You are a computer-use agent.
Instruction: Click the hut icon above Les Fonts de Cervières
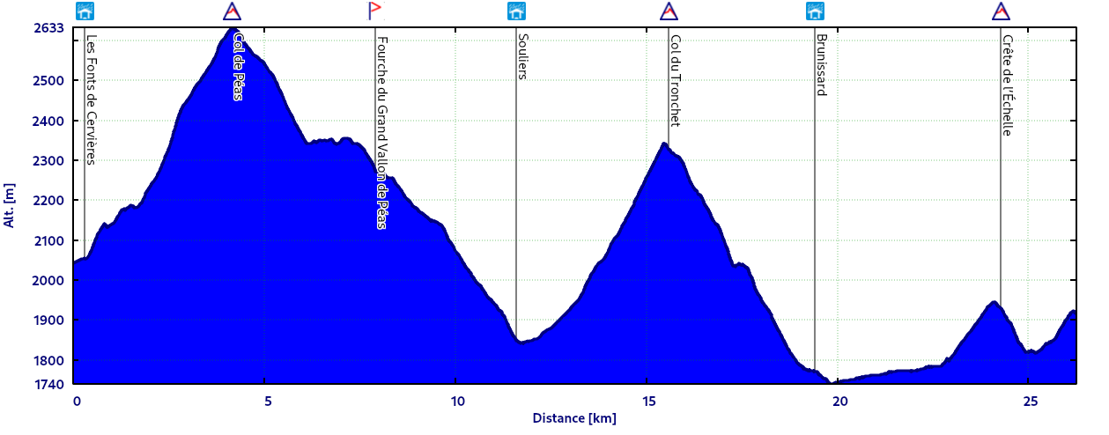coord(85,11)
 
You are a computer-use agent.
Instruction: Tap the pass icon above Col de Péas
coord(232,11)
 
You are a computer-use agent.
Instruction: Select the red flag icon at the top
coord(374,11)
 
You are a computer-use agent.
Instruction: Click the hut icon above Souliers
coord(516,11)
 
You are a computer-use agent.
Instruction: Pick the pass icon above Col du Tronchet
coord(669,11)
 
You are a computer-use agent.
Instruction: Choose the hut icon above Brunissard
coord(816,11)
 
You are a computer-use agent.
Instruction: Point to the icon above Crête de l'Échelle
coord(1001,11)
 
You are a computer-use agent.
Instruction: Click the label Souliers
coord(522,57)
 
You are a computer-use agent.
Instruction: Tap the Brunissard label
coord(821,65)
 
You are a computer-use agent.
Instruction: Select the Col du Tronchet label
coord(675,81)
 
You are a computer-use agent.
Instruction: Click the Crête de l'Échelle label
coord(1007,85)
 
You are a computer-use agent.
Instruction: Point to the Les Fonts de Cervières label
coord(91,100)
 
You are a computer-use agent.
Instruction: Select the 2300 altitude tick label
coord(53,161)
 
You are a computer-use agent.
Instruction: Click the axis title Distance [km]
coord(574,418)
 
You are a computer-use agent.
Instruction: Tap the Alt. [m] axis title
coord(10,206)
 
